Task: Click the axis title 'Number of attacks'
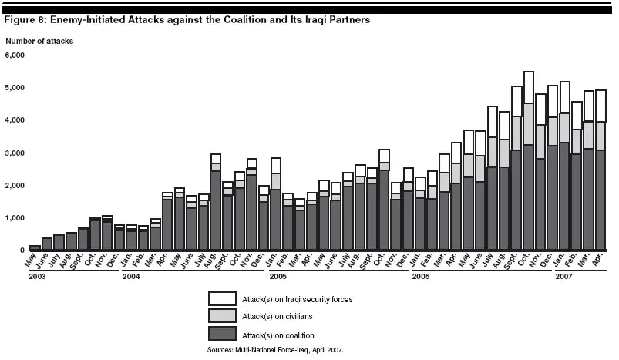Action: (x=39, y=40)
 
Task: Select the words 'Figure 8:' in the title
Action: (x=25, y=20)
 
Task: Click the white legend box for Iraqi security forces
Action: (x=224, y=298)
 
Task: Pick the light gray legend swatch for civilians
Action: (x=224, y=316)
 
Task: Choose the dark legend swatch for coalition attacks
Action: (x=224, y=334)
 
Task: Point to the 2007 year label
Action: (x=564, y=275)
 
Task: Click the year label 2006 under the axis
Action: (x=421, y=275)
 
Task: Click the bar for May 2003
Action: (x=35, y=247)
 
